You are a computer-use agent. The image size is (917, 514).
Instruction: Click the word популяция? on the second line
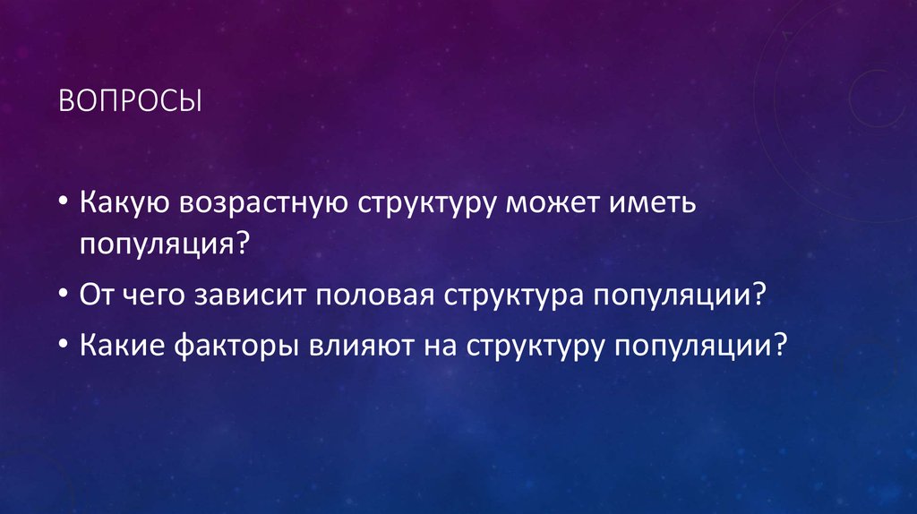click(161, 243)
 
